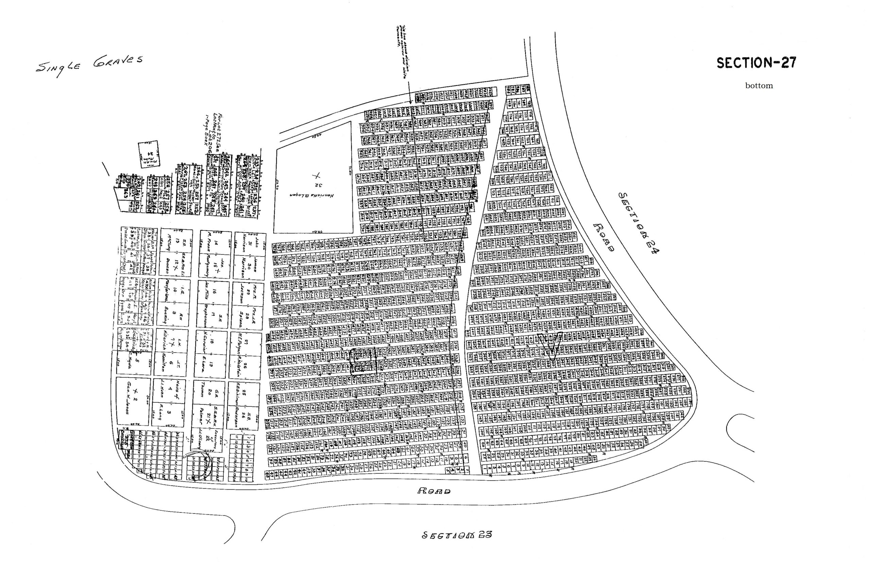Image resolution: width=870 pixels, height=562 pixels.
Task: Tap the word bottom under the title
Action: click(759, 86)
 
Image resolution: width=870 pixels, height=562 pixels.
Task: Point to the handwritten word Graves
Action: click(117, 61)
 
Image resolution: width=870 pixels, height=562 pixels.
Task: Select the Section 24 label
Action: click(638, 223)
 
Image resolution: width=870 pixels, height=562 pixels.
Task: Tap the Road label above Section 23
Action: click(434, 491)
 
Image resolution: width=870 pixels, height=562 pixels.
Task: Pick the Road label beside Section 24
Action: click(603, 237)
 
